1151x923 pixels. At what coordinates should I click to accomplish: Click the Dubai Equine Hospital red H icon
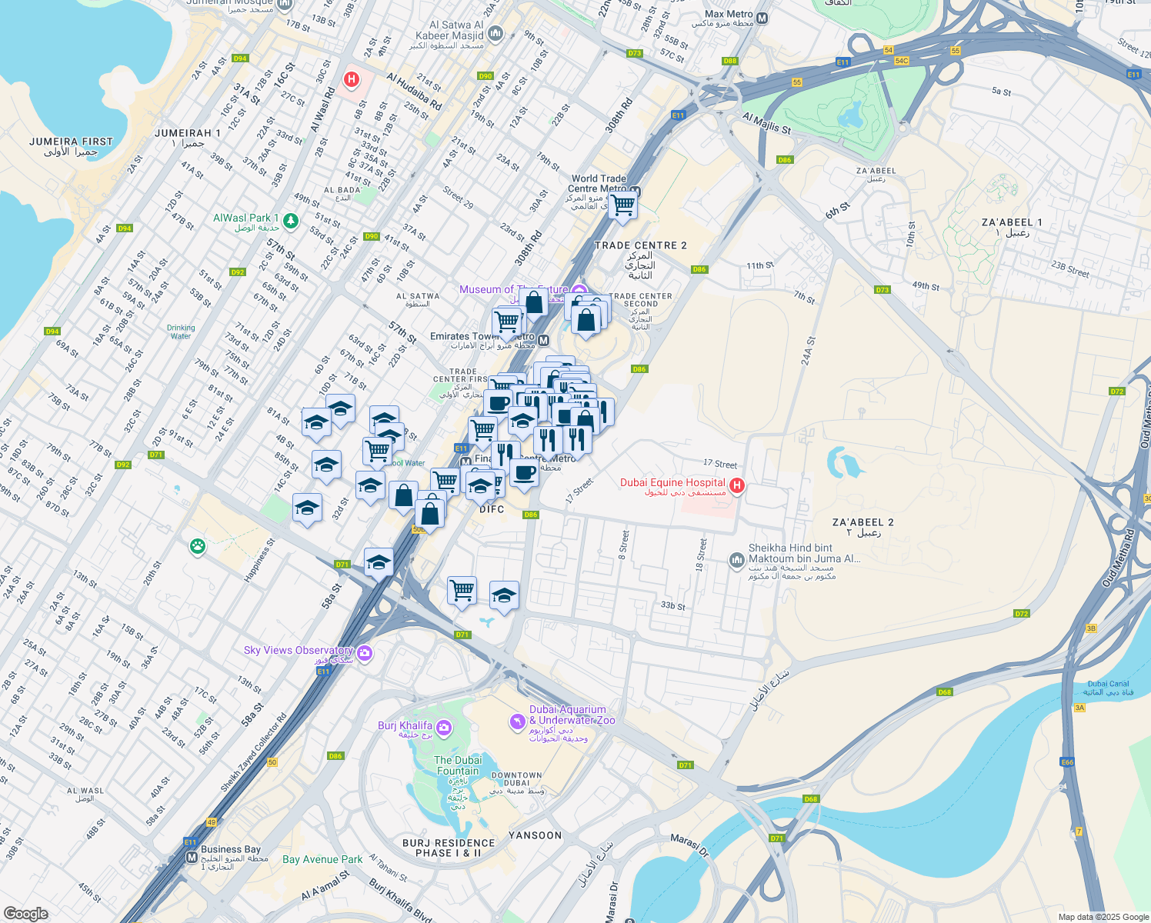tap(737, 485)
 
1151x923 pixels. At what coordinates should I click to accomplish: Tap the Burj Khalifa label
tap(405, 726)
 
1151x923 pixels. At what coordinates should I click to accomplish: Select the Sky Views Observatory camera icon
tap(365, 654)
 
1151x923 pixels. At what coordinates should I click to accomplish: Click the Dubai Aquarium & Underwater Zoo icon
tap(518, 721)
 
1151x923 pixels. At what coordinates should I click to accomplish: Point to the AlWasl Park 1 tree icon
tap(291, 222)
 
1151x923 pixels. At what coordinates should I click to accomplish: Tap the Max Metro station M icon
tap(762, 18)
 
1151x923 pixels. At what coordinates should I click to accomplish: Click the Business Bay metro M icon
tap(192, 857)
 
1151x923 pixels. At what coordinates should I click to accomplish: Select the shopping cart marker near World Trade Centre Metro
tap(622, 205)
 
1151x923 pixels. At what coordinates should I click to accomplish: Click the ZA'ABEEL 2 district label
tap(862, 522)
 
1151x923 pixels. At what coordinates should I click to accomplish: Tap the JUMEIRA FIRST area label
tap(71, 142)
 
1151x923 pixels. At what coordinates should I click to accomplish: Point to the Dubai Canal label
tap(1108, 684)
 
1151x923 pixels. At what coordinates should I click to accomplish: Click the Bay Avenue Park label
tap(322, 859)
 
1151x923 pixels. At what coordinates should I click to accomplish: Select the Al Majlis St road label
tap(767, 123)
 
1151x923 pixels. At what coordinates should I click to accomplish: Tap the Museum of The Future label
tap(513, 290)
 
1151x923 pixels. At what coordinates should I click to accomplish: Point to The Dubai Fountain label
tap(458, 765)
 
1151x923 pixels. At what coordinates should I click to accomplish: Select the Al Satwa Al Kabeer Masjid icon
tap(495, 34)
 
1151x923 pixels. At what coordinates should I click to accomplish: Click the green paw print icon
tap(198, 547)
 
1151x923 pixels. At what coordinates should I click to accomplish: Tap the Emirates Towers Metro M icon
tap(544, 341)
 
